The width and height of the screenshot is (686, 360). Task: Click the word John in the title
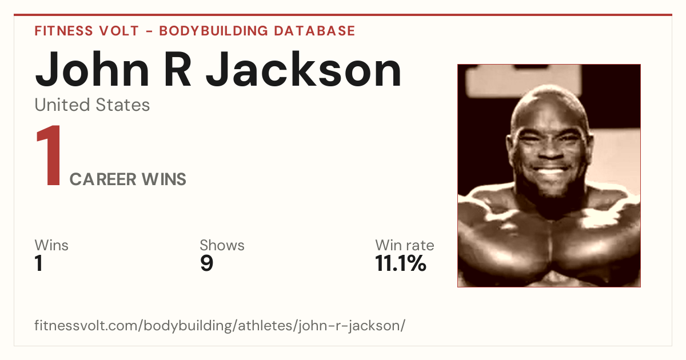(92, 70)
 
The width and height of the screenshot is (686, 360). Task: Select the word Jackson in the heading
(303, 69)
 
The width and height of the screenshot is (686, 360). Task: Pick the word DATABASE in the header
(314, 31)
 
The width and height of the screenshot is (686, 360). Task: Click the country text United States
(92, 105)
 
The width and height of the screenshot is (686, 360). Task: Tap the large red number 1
(49, 155)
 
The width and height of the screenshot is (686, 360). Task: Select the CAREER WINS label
(127, 179)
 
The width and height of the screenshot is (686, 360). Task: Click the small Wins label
(51, 245)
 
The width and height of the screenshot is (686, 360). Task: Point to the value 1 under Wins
(39, 263)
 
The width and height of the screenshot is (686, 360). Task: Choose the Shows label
(222, 245)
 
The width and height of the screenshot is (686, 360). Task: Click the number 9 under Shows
(207, 263)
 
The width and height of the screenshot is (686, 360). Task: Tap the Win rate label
(405, 245)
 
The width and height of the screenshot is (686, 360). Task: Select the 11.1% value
(401, 263)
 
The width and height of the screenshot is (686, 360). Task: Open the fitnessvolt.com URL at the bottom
(220, 325)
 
